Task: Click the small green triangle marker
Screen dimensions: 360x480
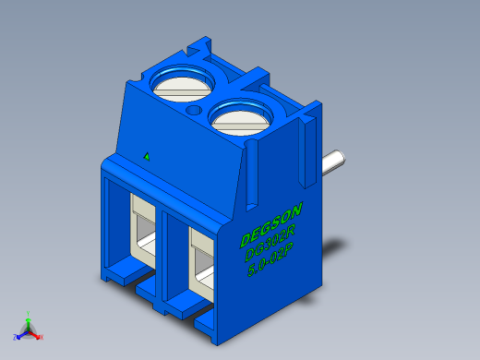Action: click(146, 155)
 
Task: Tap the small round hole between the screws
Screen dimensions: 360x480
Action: click(193, 111)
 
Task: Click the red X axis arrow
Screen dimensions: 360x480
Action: click(36, 335)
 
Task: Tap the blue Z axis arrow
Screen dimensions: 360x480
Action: click(21, 332)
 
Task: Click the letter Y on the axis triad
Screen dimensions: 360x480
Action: click(30, 313)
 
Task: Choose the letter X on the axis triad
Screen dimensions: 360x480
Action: click(42, 338)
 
